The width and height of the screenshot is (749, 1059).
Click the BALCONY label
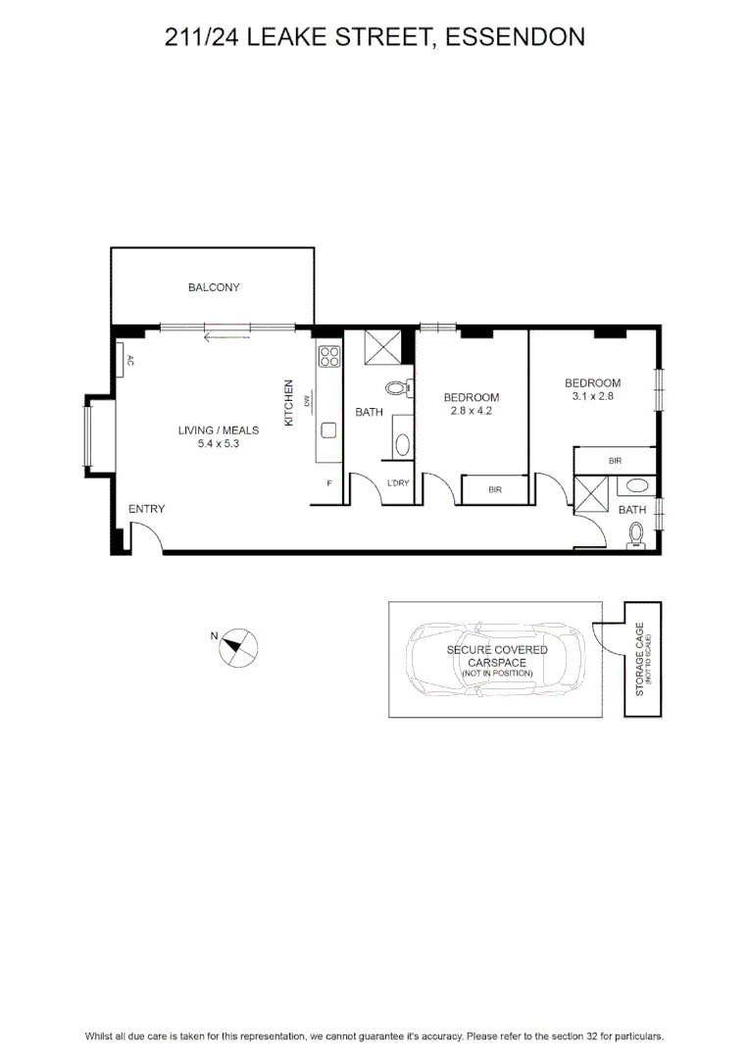[x=214, y=287]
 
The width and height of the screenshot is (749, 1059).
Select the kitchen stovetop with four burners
[x=328, y=356]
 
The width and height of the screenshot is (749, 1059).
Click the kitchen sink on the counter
[x=328, y=429]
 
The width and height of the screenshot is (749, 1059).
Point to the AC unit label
[x=130, y=361]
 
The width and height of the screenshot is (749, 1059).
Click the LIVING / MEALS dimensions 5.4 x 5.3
[x=219, y=444]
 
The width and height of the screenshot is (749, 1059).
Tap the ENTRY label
[x=146, y=509]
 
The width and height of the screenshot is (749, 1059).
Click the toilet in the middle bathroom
[x=399, y=387]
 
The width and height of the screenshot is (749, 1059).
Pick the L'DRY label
[x=398, y=482]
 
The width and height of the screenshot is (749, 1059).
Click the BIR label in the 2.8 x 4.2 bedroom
[x=495, y=489]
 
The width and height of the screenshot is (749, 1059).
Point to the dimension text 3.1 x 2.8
[x=592, y=396]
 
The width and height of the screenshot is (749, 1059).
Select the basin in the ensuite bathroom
[x=635, y=485]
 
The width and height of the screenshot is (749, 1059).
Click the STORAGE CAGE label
[x=639, y=659]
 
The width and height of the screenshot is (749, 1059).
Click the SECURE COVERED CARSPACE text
[x=497, y=656]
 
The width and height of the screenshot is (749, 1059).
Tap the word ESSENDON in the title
[x=516, y=36]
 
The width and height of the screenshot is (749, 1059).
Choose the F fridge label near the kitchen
[x=329, y=482]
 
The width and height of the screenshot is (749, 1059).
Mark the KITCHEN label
[x=289, y=403]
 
